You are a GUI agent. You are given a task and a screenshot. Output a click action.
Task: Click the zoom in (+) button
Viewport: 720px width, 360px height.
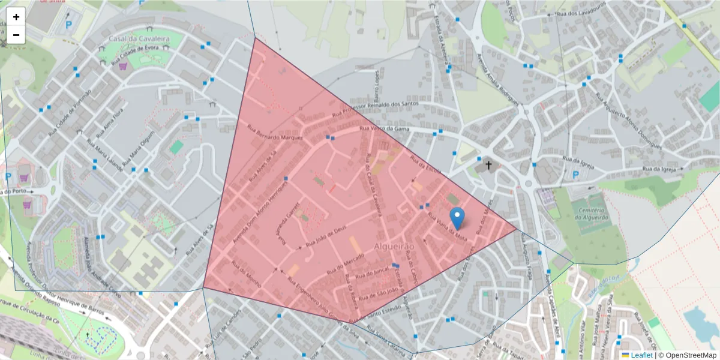[16, 17]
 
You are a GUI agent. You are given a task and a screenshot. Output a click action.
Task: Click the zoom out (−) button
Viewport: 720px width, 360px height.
[16, 35]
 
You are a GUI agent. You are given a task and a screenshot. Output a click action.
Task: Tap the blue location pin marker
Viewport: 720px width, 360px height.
[457, 218]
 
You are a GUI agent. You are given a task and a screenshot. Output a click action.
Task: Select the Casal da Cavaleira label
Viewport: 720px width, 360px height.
[139, 39]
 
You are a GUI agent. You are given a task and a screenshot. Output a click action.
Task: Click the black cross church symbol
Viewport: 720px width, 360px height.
[488, 164]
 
